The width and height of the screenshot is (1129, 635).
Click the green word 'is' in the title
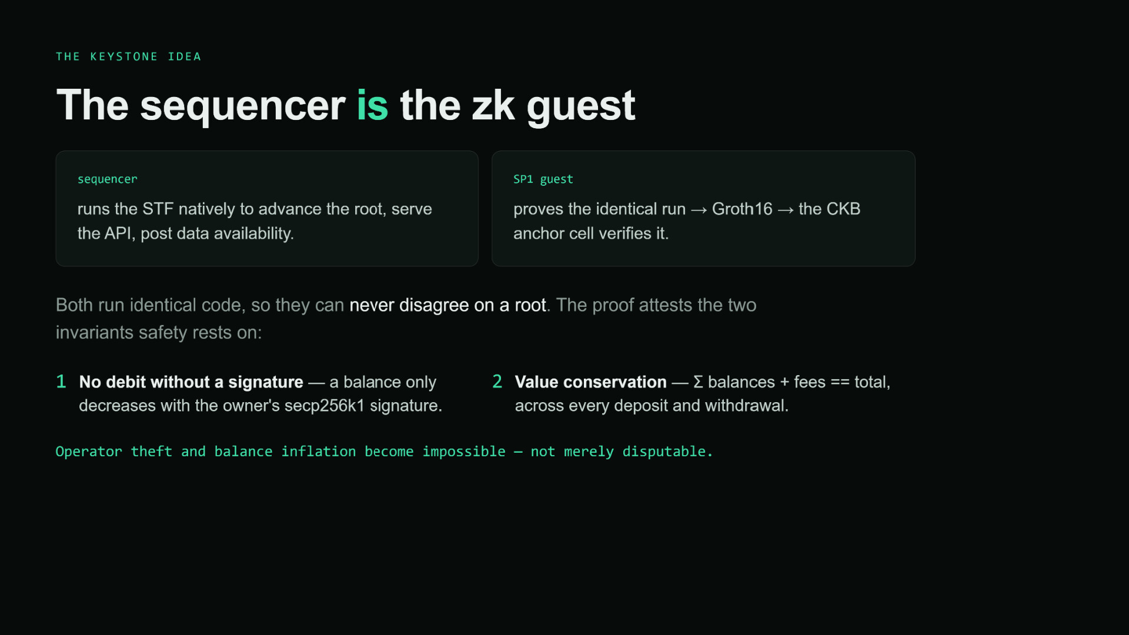tap(372, 106)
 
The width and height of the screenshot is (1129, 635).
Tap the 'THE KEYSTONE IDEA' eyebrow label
tap(129, 57)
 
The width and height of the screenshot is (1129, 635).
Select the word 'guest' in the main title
tap(580, 107)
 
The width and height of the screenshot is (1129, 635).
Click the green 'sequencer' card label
tap(108, 179)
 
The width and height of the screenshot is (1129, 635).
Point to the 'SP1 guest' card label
tap(543, 179)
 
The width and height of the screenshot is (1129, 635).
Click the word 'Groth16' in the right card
tap(742, 209)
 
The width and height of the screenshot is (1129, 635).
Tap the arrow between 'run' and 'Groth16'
tap(699, 210)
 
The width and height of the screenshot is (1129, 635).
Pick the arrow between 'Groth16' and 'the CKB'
tap(786, 210)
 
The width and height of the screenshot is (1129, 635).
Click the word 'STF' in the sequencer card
tap(158, 209)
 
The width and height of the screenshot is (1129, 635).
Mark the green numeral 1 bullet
tap(61, 382)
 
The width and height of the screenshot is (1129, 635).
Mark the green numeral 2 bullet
tap(497, 382)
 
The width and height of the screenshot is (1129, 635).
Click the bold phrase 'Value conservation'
tap(591, 382)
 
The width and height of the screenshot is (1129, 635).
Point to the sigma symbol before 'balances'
tap(698, 382)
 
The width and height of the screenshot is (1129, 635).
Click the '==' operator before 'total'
tap(840, 382)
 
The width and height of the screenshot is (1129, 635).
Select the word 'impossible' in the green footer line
tap(464, 452)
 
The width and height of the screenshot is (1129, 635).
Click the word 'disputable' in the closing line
tap(664, 452)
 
